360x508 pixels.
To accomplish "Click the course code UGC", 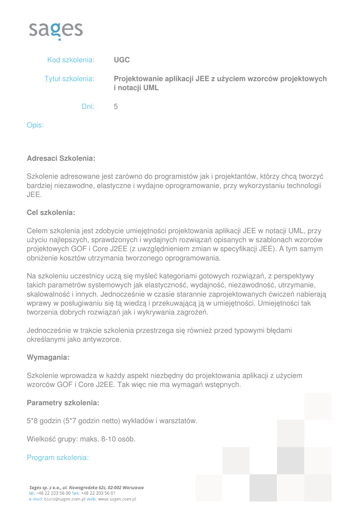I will point(122,60).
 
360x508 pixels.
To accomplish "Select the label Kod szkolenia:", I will point(71,60).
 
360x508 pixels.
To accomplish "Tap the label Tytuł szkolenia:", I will point(70,79).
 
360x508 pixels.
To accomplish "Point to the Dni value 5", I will point(116,106).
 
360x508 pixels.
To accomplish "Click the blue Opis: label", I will point(35,125).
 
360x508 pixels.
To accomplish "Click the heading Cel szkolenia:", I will point(51,212).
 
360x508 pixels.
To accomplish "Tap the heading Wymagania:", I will point(48,357).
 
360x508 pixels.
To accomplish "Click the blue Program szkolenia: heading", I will point(58,457).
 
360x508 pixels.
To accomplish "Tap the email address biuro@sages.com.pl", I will point(64,499).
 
